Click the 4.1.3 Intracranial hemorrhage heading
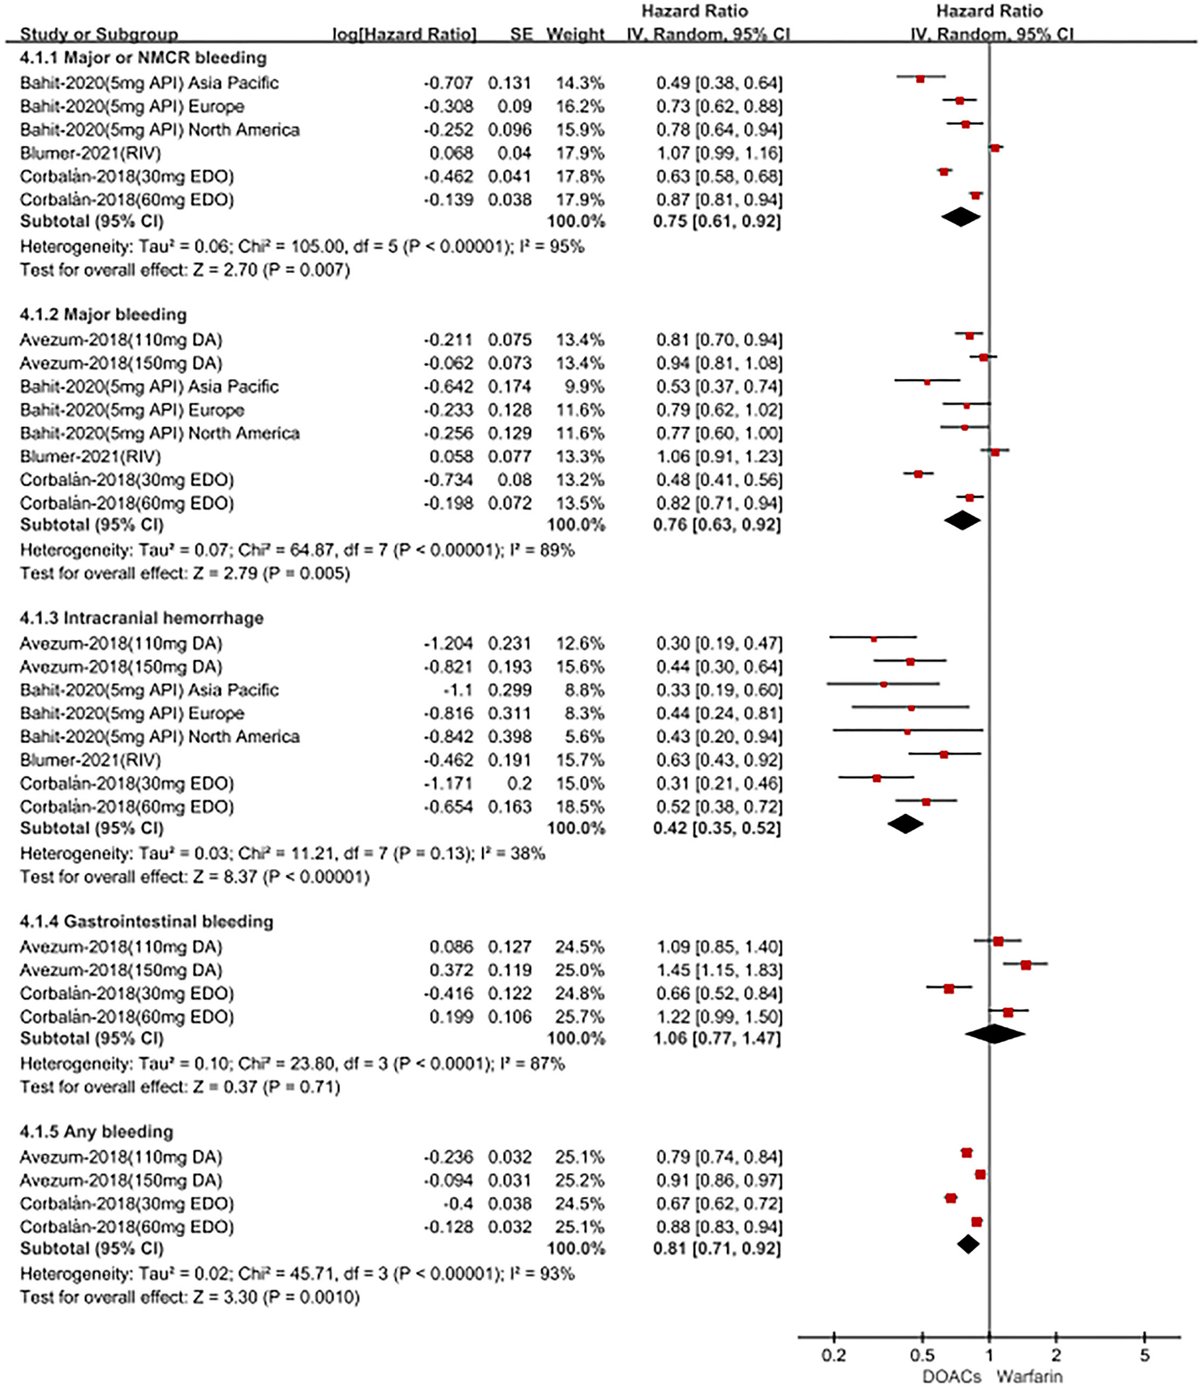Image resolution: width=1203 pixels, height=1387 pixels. click(141, 618)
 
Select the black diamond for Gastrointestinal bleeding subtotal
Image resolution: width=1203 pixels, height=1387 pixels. click(994, 1034)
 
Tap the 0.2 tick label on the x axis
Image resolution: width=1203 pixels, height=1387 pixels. click(834, 1356)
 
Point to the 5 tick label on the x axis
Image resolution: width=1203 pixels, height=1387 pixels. click(1145, 1356)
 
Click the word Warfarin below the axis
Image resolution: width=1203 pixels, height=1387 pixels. click(1029, 1376)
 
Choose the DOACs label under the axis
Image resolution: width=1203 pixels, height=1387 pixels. click(952, 1376)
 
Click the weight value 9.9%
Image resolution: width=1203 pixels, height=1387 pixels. click(580, 386)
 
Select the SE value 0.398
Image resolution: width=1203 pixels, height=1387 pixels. click(509, 737)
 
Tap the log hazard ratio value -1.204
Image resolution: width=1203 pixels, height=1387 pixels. click(448, 643)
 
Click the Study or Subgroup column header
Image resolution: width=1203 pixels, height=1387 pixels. click(99, 34)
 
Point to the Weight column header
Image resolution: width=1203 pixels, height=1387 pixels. click(575, 34)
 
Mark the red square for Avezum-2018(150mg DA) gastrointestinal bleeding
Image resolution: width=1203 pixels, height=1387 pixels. click(1026, 965)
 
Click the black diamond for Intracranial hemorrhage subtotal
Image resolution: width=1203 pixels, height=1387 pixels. click(906, 824)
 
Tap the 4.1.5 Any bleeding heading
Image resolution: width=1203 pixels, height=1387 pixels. click(96, 1132)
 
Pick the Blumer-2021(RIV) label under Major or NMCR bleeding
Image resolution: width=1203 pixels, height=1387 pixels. click(90, 153)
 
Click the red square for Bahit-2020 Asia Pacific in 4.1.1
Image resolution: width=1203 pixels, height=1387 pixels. click(920, 79)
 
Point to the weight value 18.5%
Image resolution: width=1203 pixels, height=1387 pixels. click(580, 807)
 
